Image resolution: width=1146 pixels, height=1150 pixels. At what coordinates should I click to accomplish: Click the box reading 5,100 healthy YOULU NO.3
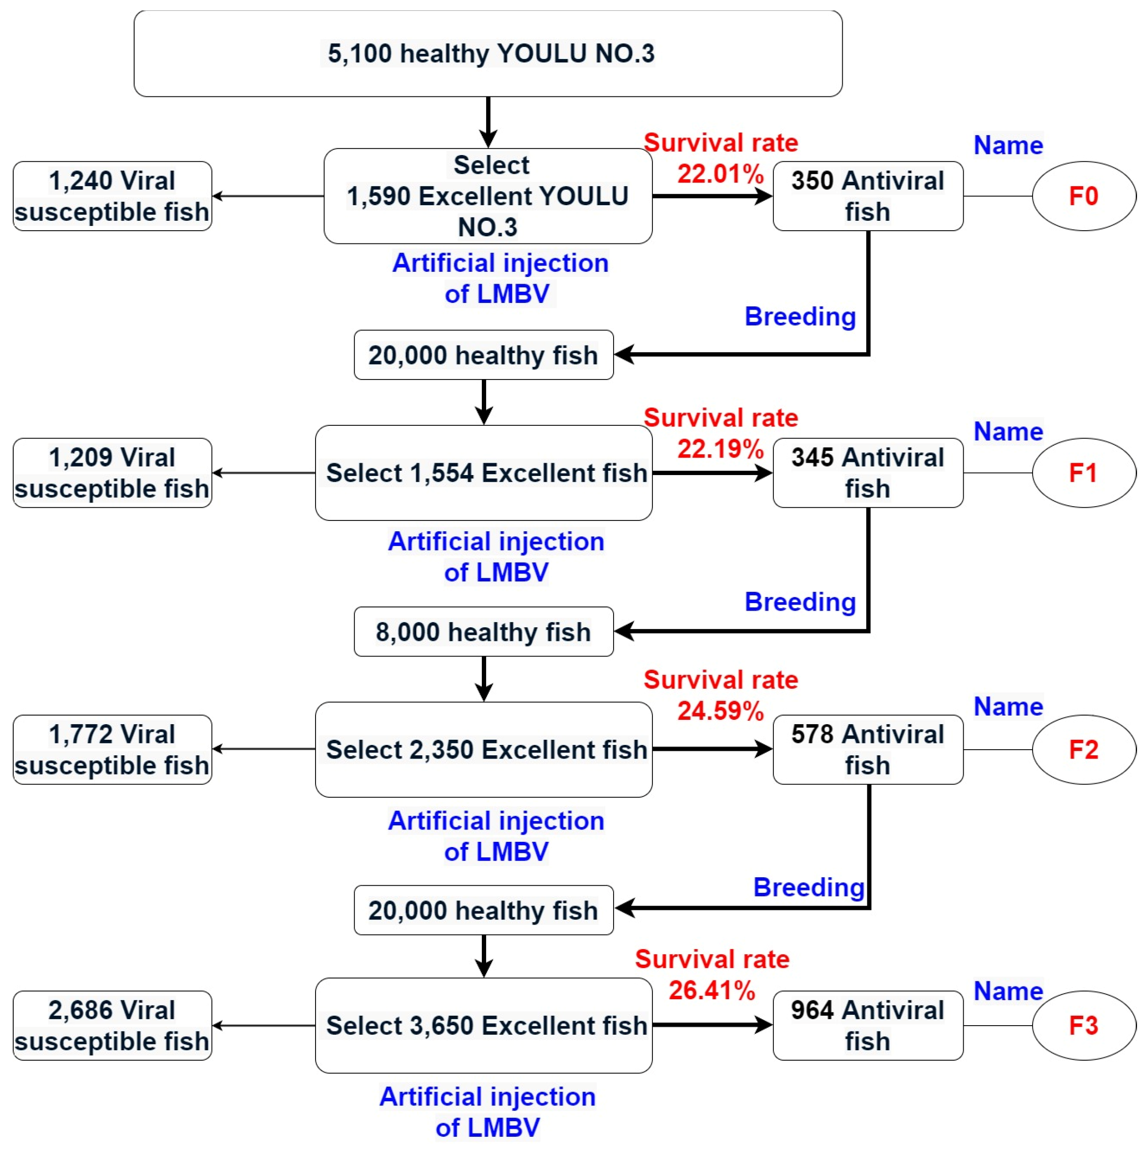[x=488, y=53]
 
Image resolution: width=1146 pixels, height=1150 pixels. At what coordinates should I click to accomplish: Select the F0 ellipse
[x=1084, y=196]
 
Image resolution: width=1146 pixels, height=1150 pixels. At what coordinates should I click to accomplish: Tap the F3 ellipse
[x=1084, y=1025]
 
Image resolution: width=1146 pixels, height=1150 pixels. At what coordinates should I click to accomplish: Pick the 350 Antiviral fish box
[x=868, y=196]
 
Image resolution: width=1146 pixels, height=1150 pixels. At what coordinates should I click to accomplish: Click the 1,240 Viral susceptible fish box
[x=112, y=196]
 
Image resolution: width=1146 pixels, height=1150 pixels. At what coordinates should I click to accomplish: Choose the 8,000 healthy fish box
[x=483, y=631]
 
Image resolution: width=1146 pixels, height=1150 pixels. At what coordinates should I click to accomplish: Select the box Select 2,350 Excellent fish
[x=483, y=749]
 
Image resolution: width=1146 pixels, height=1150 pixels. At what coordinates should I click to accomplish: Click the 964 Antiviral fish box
[x=868, y=1025]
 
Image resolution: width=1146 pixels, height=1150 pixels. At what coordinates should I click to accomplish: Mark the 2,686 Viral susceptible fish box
[x=112, y=1025]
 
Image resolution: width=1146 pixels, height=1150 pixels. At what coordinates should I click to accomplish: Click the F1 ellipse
[x=1084, y=473]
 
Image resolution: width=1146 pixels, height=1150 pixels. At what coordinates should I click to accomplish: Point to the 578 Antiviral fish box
[x=868, y=749]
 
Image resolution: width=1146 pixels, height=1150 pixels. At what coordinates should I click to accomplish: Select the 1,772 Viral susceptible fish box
[x=112, y=749]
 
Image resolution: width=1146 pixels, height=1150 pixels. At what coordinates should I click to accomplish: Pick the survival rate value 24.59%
[x=720, y=711]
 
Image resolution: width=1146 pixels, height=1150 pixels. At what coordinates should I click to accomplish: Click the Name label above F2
[x=1008, y=707]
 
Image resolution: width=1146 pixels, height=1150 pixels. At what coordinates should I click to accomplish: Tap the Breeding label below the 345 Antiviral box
[x=800, y=602]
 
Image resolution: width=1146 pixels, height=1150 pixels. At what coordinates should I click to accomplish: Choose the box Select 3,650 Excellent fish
[x=483, y=1025]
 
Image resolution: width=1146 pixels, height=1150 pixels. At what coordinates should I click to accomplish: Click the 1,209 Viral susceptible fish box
[x=112, y=473]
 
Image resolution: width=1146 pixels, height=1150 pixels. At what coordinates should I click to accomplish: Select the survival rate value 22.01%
[x=720, y=174]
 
